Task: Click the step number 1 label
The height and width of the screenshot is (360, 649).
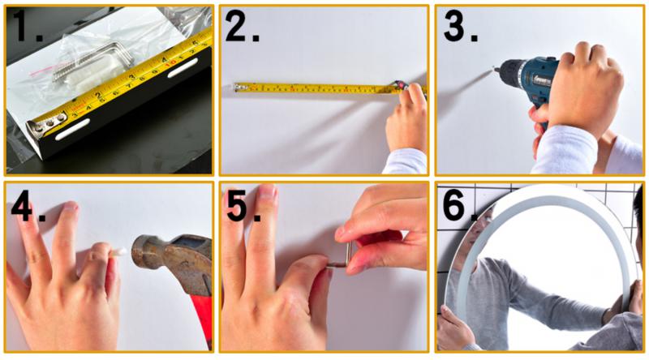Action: (x=28, y=25)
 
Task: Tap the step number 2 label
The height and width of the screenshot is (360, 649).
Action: (x=242, y=25)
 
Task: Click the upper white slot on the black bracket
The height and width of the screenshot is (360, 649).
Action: (x=183, y=68)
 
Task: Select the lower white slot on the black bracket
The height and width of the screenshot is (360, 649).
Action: (x=72, y=130)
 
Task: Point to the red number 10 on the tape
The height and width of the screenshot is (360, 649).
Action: (x=171, y=64)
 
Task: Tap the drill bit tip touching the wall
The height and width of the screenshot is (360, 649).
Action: (x=494, y=70)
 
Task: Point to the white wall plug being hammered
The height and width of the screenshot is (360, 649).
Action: (x=118, y=251)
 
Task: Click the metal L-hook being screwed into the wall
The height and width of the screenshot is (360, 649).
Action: (x=342, y=258)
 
